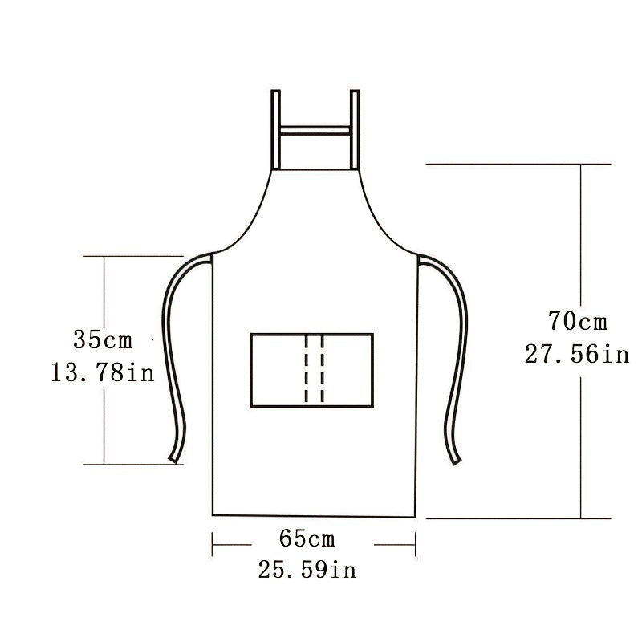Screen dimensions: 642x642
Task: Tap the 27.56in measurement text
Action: point(577,354)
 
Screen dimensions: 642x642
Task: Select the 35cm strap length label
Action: point(103,339)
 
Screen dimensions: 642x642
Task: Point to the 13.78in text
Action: point(103,372)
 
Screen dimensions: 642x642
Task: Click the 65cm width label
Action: point(307,538)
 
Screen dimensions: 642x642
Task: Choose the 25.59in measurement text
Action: point(307,570)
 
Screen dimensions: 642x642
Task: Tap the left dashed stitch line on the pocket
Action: point(306,368)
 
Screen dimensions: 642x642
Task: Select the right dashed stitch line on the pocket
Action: point(323,368)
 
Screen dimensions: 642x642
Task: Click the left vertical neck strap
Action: point(276,129)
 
